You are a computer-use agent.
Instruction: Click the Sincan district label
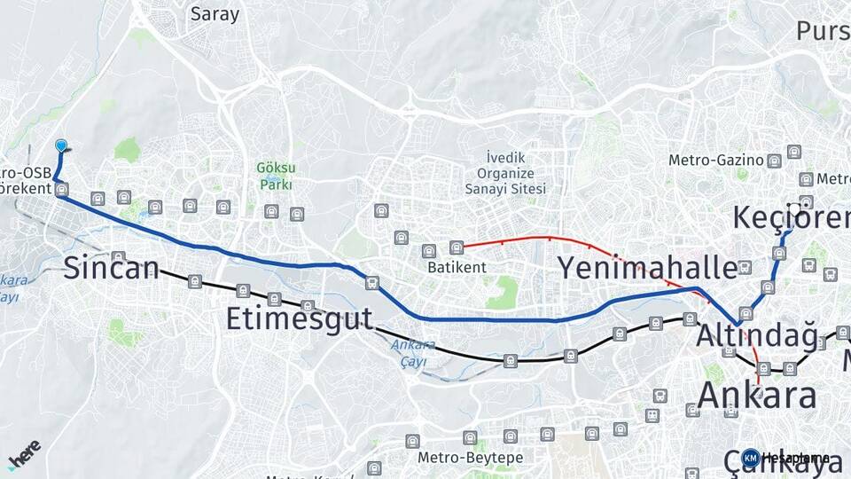[x=111, y=268]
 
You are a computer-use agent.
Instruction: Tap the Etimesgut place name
[x=299, y=318]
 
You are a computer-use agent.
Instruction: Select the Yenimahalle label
[x=647, y=267]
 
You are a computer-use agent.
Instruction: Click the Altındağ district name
[x=757, y=336]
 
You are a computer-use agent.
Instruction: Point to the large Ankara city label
[x=757, y=395]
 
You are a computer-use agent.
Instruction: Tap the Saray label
[x=215, y=14]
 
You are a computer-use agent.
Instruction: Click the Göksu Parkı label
[x=276, y=176]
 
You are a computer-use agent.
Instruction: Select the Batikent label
[x=457, y=266]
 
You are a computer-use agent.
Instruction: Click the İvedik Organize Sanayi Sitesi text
[x=505, y=173]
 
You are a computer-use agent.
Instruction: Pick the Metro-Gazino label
[x=716, y=161]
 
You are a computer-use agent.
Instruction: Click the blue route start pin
[x=61, y=146]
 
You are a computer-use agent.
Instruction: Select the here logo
[x=23, y=454]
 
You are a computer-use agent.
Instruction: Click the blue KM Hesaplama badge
[x=751, y=458]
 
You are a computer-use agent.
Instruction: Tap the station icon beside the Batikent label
[x=457, y=247]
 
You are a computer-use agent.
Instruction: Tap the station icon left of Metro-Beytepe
[x=412, y=441]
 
